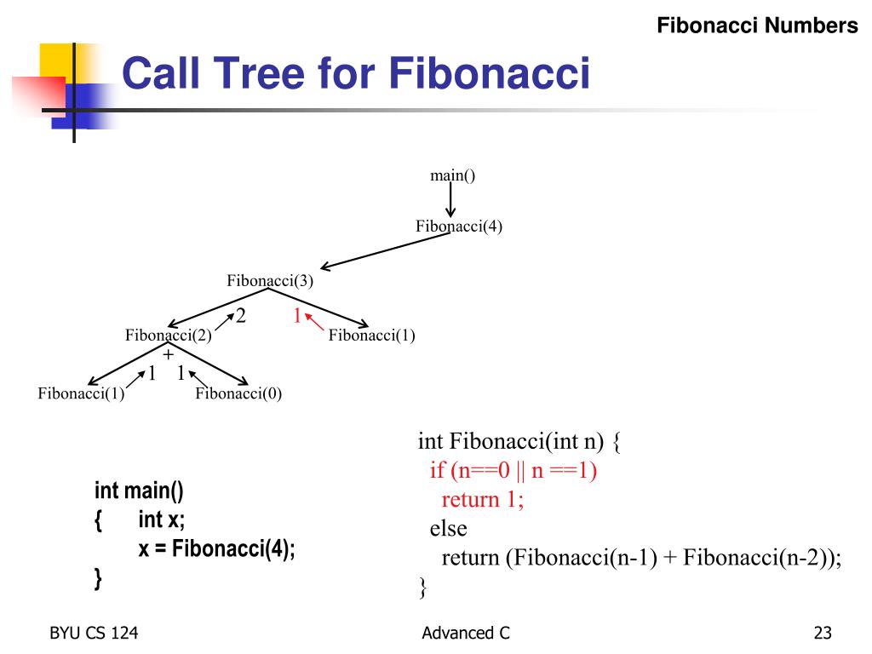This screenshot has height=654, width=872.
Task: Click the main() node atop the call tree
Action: pos(452,176)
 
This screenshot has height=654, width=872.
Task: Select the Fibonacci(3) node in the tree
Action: pos(269,281)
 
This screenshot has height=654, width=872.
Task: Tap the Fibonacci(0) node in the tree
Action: pos(238,393)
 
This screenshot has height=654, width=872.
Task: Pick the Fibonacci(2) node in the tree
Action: pos(169,336)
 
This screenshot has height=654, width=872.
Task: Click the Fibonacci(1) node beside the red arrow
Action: pos(371,336)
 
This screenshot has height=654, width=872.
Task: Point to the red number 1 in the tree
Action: pos(297,316)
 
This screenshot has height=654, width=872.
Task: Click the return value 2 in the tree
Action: pos(241,316)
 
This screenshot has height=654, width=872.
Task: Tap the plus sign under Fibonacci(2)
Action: pos(168,353)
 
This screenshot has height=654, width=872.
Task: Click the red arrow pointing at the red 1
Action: pos(314,324)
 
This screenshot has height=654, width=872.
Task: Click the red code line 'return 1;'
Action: pos(482,499)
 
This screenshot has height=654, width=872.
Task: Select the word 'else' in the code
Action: pos(448,528)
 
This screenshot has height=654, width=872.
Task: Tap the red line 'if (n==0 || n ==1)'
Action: pos(513,470)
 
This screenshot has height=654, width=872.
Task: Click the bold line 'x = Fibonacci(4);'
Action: pos(217,548)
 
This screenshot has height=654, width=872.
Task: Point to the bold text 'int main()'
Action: pos(139,490)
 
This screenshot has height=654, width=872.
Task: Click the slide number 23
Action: pos(822,633)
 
